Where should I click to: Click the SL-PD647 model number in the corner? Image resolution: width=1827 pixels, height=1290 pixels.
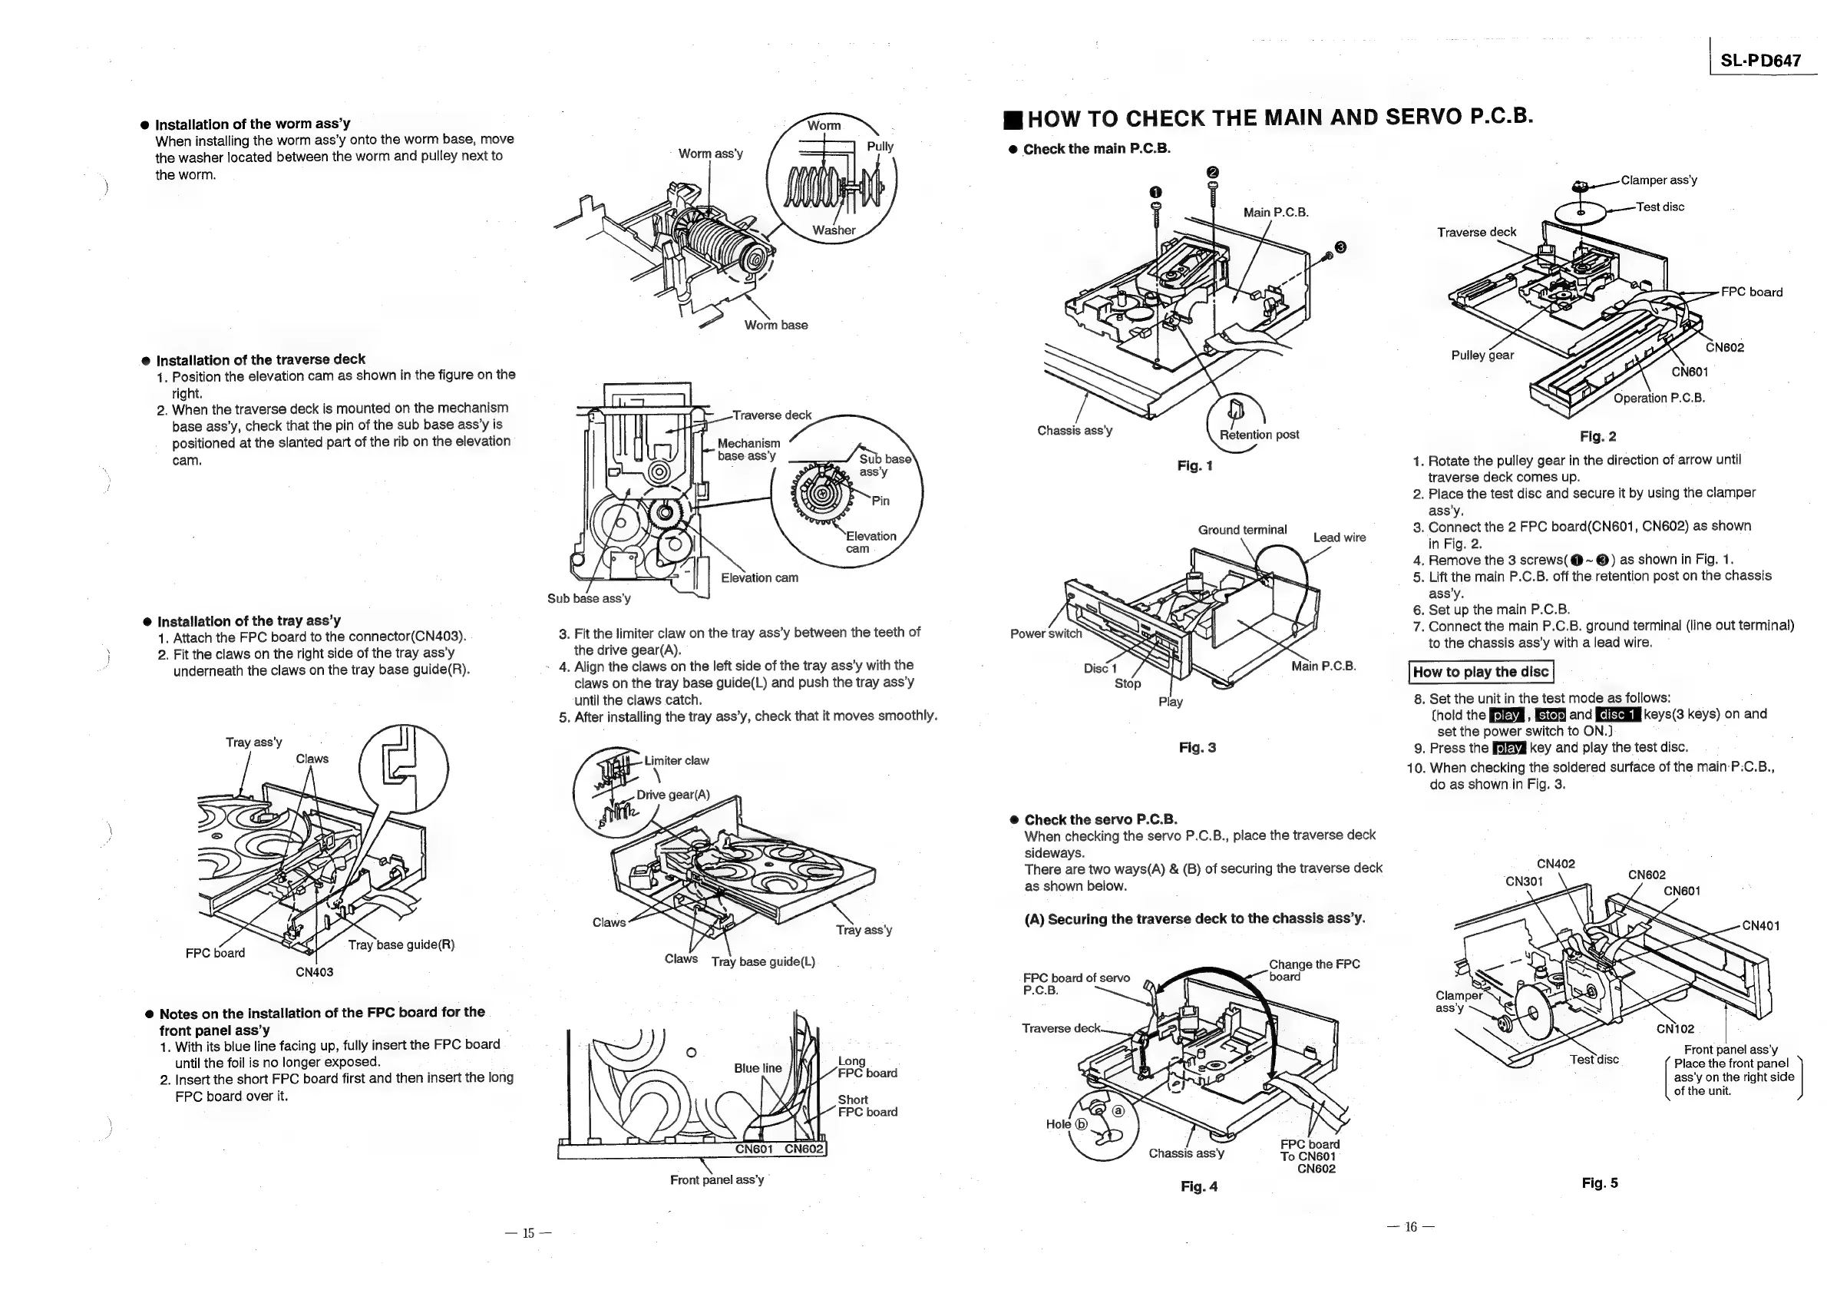(x=1760, y=61)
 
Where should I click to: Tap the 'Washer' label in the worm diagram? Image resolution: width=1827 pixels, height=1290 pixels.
(x=833, y=230)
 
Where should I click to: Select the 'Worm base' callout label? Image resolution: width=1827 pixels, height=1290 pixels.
(x=776, y=325)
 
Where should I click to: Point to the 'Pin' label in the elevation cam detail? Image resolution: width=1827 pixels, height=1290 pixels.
(x=880, y=501)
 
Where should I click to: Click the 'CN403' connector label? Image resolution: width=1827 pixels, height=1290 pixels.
(x=314, y=971)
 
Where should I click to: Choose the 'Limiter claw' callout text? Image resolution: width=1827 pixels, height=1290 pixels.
(x=676, y=760)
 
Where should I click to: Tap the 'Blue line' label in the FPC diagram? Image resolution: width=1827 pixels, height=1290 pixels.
(x=758, y=1068)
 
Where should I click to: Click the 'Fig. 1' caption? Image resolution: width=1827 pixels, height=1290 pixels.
(x=1194, y=465)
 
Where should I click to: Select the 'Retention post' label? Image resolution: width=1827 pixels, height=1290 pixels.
(x=1259, y=435)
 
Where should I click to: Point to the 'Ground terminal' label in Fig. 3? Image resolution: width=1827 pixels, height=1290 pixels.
(x=1242, y=530)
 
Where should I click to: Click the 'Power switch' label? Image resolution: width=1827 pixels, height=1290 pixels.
(x=1046, y=633)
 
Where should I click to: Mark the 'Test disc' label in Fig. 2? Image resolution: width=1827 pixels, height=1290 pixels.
(x=1660, y=207)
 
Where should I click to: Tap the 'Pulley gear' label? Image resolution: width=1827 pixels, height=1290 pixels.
(x=1482, y=355)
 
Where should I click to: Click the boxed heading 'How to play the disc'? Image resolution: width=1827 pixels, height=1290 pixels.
(x=1481, y=672)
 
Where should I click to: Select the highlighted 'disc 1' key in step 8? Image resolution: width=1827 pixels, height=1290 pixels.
(x=1617, y=715)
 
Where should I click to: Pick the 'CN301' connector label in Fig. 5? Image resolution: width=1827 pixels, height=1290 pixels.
(x=1524, y=881)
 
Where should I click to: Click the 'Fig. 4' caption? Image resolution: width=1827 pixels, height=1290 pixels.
(x=1198, y=1186)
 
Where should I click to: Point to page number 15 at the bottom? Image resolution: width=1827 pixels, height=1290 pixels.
(x=528, y=1233)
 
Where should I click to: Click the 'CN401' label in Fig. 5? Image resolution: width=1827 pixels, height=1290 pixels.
(x=1761, y=925)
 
